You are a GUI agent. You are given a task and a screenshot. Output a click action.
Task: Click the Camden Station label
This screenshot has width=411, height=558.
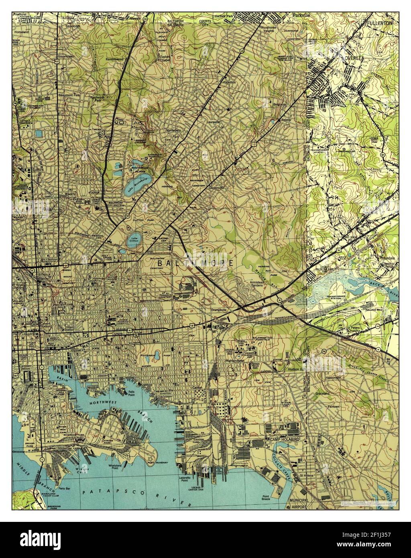27,369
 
